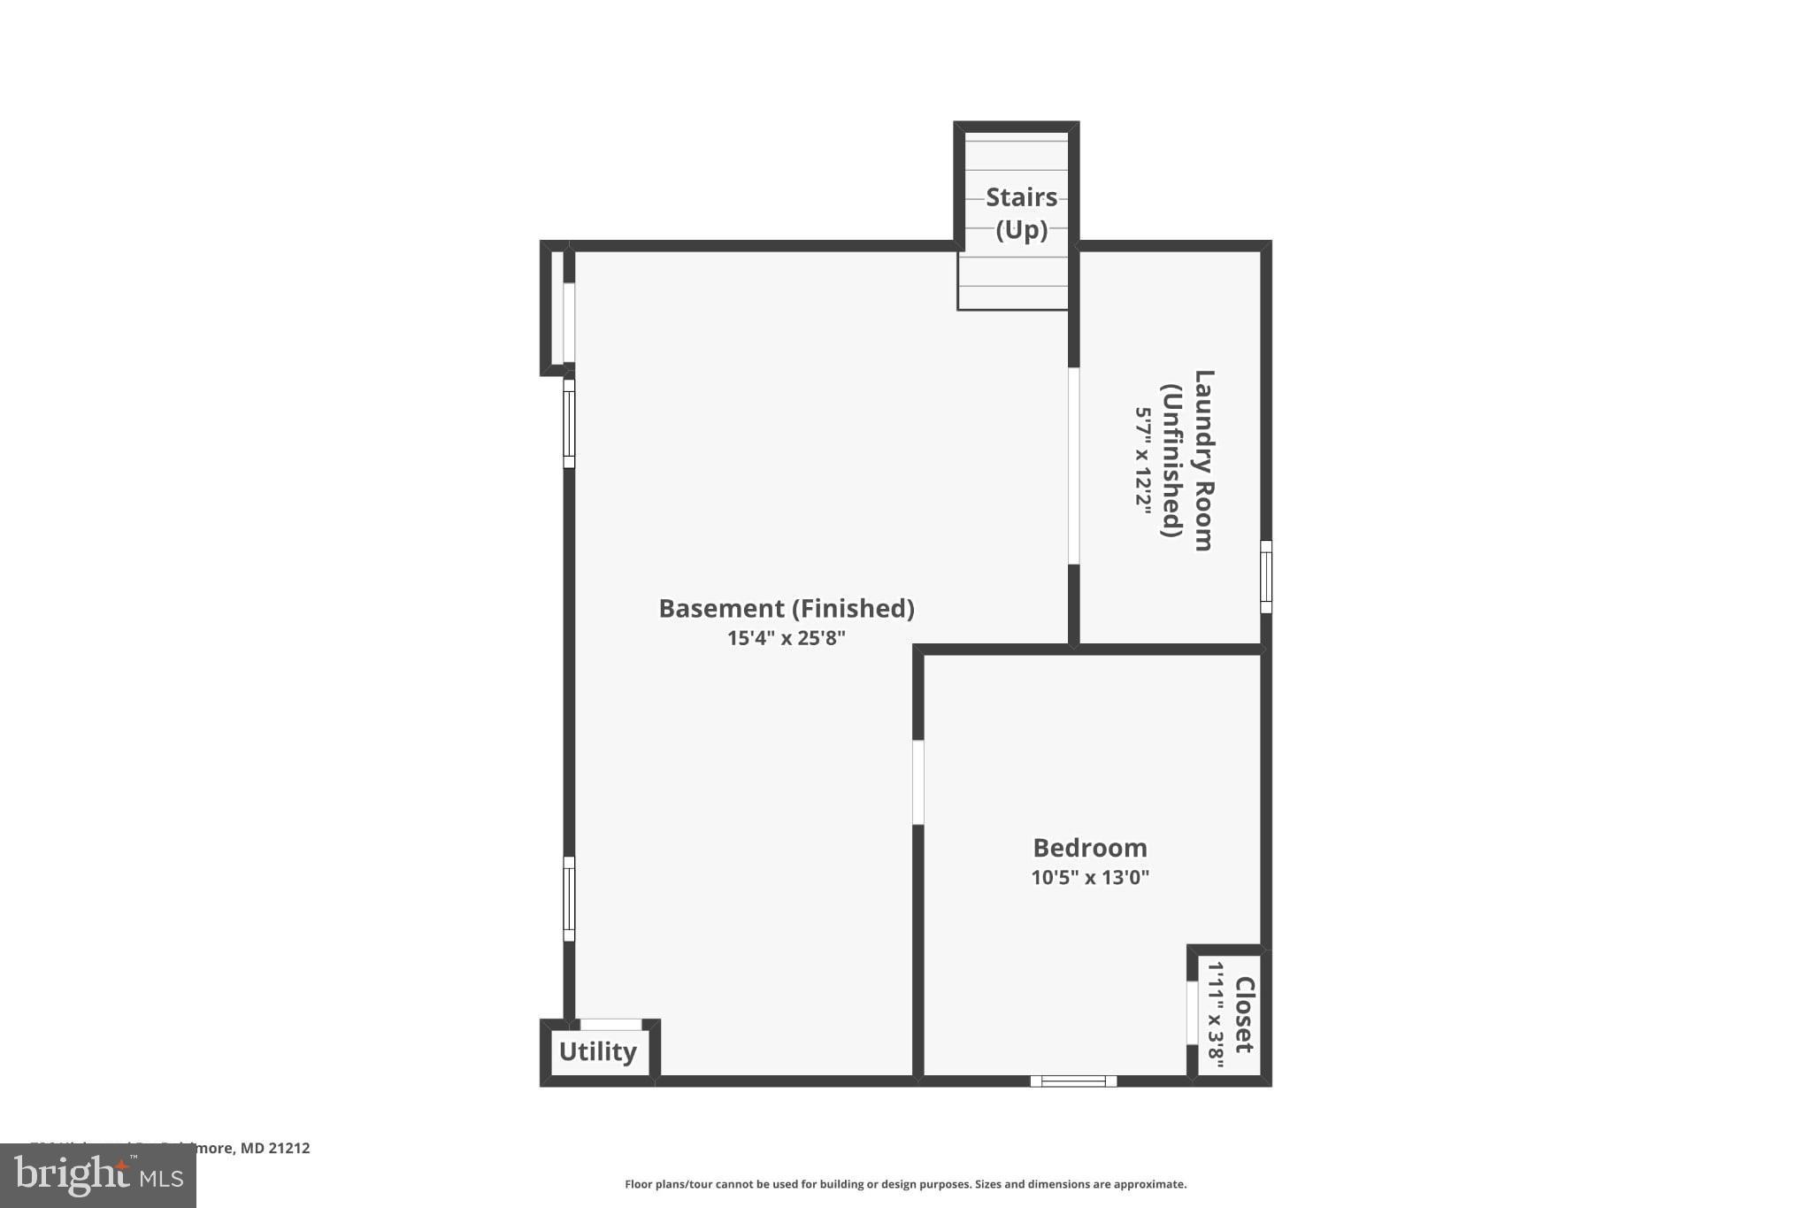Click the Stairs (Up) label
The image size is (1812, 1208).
click(1021, 213)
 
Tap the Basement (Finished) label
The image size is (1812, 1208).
click(787, 609)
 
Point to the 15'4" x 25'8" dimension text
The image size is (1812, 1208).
click(787, 638)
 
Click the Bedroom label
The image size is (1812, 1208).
click(1090, 848)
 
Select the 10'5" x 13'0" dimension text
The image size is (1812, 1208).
click(1090, 878)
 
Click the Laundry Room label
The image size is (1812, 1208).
click(1203, 460)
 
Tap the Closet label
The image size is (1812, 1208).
click(1244, 1014)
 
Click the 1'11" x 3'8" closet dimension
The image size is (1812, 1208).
click(1217, 1014)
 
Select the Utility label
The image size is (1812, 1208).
click(598, 1051)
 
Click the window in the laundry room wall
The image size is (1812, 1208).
click(1266, 577)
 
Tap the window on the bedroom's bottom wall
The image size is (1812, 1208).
click(1073, 1081)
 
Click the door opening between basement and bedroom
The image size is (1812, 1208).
click(918, 782)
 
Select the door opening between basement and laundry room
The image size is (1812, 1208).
click(1073, 466)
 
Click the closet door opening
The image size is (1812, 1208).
click(1192, 1012)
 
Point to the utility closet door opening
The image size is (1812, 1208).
click(610, 1024)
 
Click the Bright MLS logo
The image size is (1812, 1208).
click(98, 1176)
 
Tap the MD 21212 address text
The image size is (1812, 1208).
click(275, 1149)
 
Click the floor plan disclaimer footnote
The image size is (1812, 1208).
click(905, 1184)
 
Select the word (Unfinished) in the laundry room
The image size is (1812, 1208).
click(1173, 460)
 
